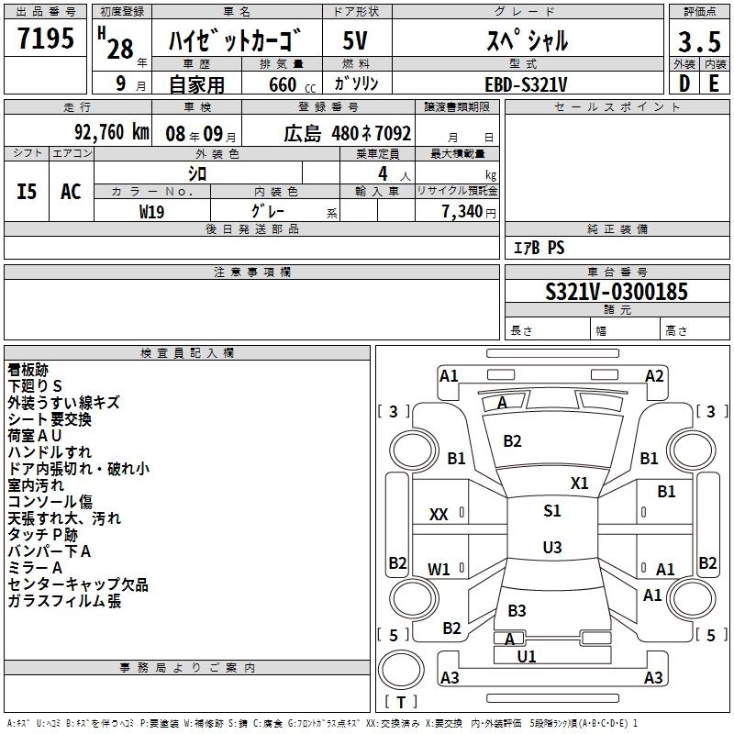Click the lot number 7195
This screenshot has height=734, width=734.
pos(46,39)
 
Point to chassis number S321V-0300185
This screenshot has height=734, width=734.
pos(616,292)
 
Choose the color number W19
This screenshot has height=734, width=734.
pos(152,211)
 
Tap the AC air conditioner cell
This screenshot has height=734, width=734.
pos(71,192)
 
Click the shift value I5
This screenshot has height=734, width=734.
pos(28,192)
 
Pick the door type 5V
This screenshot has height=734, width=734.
pos(355,41)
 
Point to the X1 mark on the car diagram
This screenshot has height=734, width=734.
pos(580,483)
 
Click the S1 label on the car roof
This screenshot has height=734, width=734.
pos(551,511)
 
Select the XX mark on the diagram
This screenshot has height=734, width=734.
pos(439,515)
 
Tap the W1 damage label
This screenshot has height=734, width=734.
pos(439,569)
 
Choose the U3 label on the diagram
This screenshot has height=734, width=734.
pos(551,548)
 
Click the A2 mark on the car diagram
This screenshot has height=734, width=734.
pos(654,375)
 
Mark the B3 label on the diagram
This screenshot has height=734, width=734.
pos(517,610)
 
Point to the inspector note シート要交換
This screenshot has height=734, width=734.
pos(50,419)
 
